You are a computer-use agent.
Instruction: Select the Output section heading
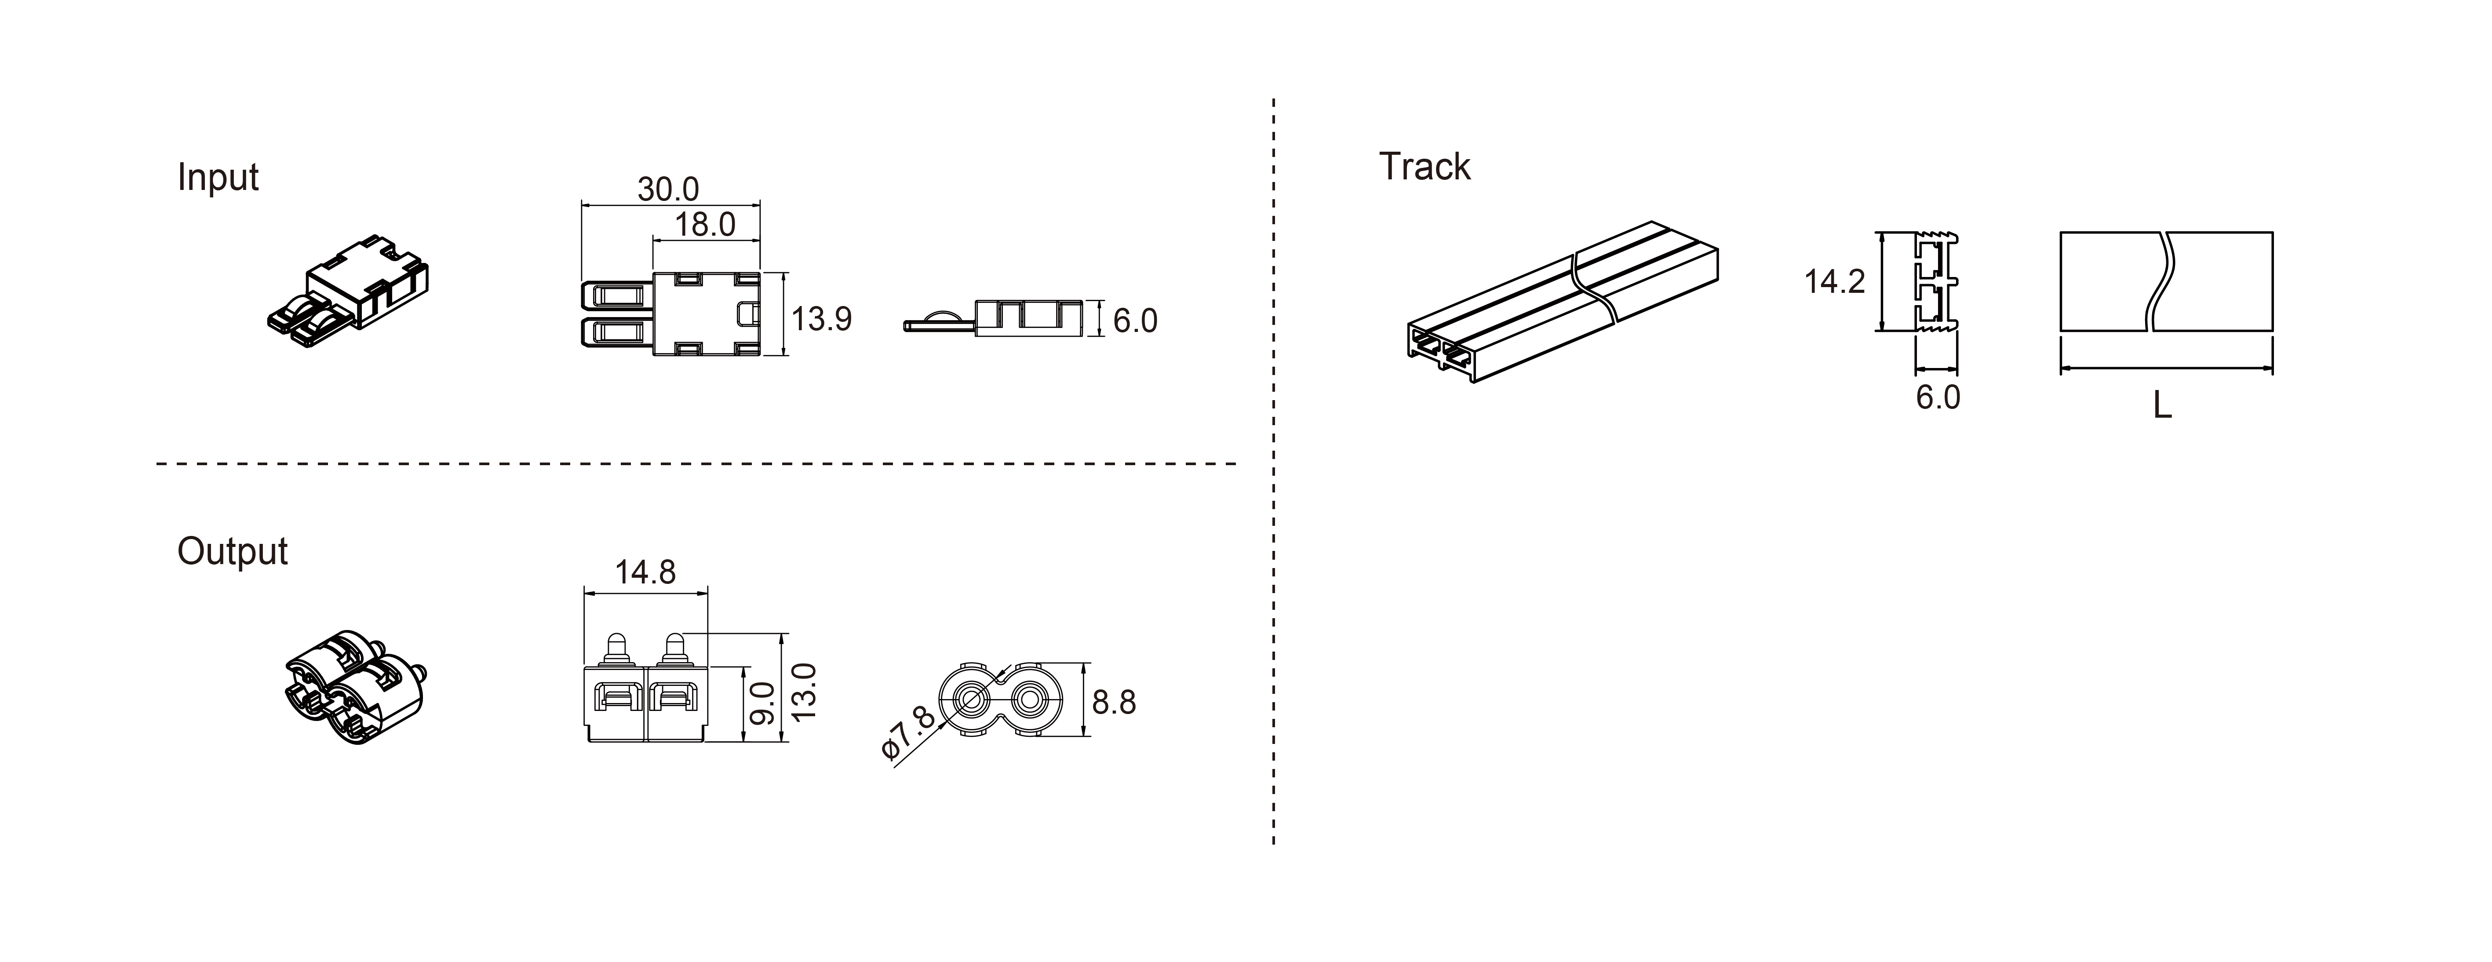tap(232, 552)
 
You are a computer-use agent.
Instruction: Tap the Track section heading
tap(1424, 167)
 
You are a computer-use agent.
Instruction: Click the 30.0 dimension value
tap(667, 189)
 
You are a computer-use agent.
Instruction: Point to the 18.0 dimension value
tap(705, 225)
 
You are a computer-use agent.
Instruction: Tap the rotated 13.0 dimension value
tap(804, 690)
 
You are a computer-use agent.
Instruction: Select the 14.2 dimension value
tap(1834, 282)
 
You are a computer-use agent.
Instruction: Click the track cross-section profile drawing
tap(1936, 282)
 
